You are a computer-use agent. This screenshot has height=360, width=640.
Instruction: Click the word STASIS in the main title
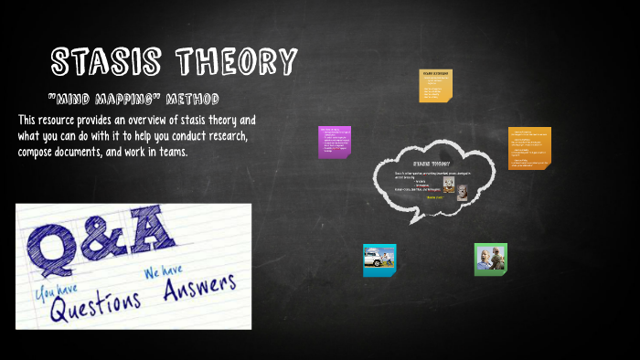pos(109,62)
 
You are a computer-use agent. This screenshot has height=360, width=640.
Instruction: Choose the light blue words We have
pos(163,270)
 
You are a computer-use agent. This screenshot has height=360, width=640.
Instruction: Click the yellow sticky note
pos(434,85)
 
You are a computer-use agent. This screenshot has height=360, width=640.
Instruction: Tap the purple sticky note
pos(335,142)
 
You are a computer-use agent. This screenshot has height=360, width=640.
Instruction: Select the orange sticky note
pos(529,148)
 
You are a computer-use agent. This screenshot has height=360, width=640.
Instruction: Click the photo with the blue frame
pos(379,259)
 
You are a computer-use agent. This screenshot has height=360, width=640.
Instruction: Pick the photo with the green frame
pos(490,259)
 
